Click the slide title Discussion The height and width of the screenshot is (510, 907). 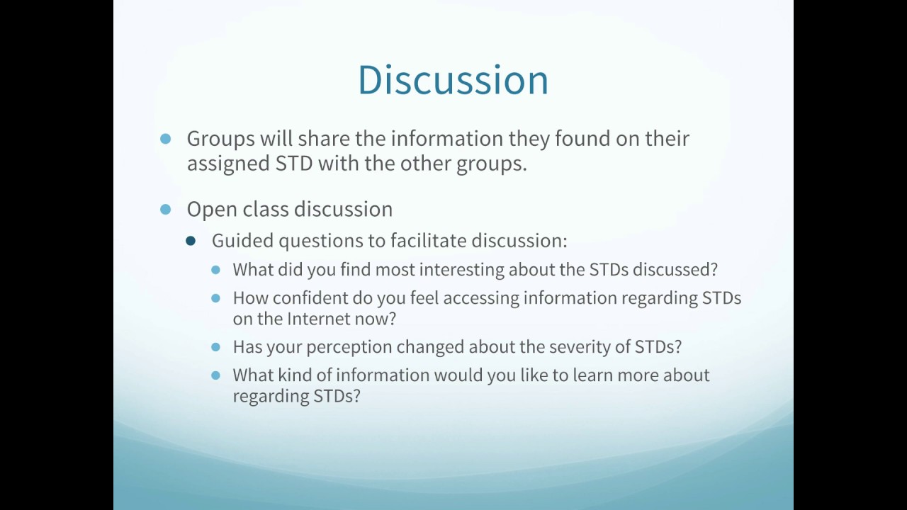pos(453,79)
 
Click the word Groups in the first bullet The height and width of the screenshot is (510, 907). pos(220,139)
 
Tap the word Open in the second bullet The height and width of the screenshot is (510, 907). pos(209,210)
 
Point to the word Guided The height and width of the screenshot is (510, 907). pos(242,241)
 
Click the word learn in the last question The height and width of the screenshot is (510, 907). pos(592,375)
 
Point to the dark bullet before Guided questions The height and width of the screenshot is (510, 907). pos(190,241)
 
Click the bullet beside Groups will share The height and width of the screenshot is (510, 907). pos(166,139)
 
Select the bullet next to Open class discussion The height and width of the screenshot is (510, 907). pos(166,210)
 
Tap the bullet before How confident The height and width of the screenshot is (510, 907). pos(216,298)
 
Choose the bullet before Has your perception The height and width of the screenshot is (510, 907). pos(216,347)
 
